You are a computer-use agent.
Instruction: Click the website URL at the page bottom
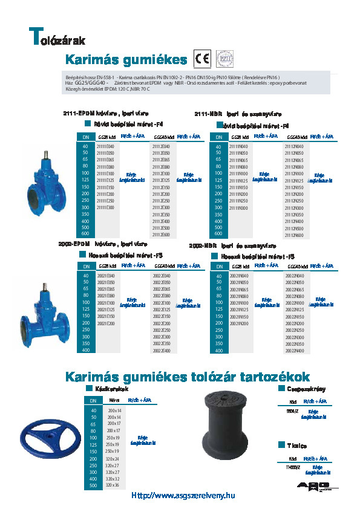tap(183, 496)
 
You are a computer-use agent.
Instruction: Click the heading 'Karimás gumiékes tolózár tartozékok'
tap(188, 377)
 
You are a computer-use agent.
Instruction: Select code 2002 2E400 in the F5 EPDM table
tap(161, 351)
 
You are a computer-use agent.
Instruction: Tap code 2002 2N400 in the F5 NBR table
tap(293, 351)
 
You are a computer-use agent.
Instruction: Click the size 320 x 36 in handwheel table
tap(113, 485)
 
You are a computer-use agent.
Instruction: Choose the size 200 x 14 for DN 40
tap(114, 410)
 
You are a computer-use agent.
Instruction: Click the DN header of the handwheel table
tap(93, 400)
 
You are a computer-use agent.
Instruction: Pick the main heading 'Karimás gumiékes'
tap(126, 60)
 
